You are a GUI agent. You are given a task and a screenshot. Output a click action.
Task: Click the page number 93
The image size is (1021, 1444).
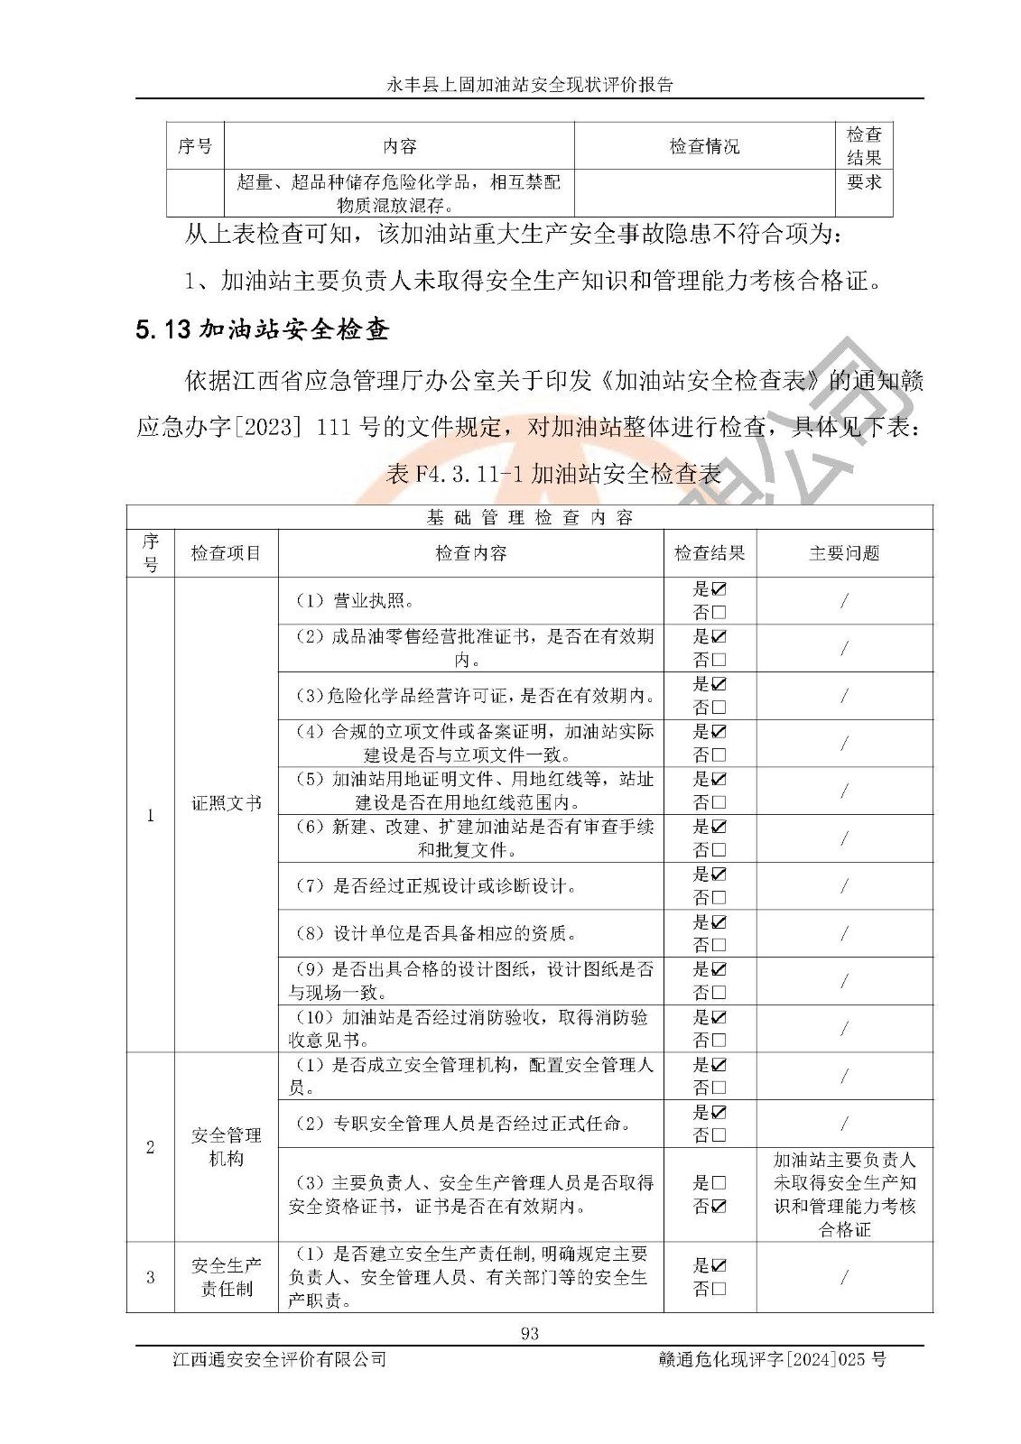(530, 1333)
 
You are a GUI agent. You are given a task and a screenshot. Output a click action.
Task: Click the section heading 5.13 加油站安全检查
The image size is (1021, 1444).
(262, 329)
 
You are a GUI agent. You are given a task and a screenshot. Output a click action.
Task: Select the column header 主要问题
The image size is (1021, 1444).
(844, 553)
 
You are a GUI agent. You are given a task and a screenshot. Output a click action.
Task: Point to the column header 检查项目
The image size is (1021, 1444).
(226, 553)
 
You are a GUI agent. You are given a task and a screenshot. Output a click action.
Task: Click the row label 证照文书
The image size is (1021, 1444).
(226, 802)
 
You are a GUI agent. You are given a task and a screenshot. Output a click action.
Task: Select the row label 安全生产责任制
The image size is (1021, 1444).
(226, 1277)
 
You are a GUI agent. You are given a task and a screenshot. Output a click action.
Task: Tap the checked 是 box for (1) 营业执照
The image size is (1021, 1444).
(719, 589)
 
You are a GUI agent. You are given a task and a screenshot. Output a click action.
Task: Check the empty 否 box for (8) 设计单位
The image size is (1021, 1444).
(719, 945)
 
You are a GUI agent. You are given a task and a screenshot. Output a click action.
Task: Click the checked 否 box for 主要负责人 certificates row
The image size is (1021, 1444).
(719, 1206)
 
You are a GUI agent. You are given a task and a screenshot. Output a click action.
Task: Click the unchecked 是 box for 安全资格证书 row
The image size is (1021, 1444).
(719, 1182)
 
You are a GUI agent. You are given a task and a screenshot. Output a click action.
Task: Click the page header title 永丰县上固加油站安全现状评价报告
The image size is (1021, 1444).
(530, 85)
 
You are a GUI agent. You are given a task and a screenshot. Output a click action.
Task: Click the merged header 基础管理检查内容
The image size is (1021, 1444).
(530, 517)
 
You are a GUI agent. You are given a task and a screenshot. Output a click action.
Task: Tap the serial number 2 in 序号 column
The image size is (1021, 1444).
(150, 1147)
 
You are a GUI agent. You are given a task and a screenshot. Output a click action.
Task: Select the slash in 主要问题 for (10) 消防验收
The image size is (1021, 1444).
(844, 1029)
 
